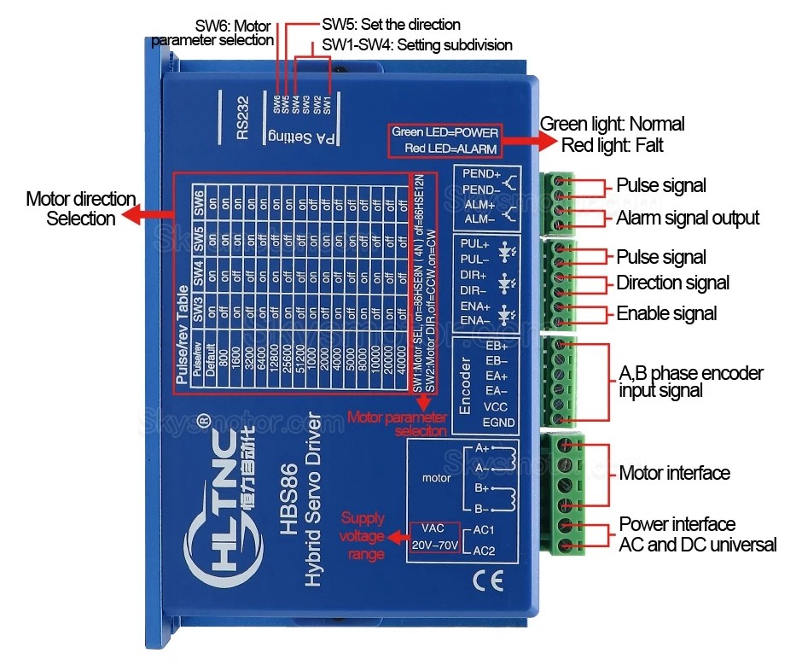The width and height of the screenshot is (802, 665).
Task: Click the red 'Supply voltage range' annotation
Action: coord(363,536)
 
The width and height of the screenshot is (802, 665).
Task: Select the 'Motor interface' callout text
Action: coord(674,473)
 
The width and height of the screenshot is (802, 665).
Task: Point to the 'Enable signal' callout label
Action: coord(666,313)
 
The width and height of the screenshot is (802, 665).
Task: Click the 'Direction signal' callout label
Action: coord(673,283)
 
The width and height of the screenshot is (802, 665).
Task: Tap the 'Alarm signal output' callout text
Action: coord(688,218)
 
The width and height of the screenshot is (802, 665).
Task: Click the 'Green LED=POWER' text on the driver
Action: coord(445,132)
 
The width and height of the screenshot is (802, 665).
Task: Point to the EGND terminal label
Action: coord(499,422)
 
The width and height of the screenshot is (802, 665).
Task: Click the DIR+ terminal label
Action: coord(474,275)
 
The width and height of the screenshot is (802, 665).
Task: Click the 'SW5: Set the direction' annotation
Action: coord(391,25)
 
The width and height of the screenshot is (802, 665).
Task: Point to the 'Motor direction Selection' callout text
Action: coord(81,209)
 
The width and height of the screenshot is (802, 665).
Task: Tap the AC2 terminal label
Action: coord(485,550)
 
